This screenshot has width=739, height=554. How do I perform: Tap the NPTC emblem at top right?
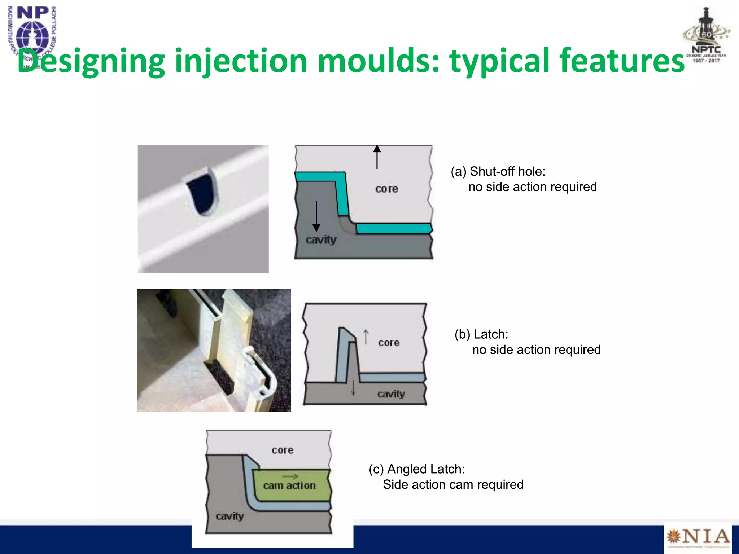point(706,36)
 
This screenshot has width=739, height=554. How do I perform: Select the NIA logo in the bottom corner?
point(698,537)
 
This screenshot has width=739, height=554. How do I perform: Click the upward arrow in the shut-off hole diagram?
point(377,157)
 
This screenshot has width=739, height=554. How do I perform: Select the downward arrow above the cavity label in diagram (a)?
point(316,216)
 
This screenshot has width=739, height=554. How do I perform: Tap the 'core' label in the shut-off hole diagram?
point(386,189)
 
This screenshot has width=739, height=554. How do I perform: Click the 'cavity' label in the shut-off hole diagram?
point(321,239)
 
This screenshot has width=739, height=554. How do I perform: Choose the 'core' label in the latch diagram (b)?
point(389,342)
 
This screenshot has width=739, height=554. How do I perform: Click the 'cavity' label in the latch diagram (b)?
point(391,394)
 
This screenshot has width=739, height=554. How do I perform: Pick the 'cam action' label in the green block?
point(289,485)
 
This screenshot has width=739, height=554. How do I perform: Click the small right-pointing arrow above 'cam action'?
point(290,476)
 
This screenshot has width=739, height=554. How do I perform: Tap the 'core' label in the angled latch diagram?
point(283,450)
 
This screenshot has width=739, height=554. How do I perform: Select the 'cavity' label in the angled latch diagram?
point(229,516)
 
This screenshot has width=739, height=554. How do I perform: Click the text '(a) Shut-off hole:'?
point(498,171)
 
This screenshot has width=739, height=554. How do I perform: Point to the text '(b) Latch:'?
point(481,334)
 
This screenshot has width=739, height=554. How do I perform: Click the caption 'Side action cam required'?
point(453,484)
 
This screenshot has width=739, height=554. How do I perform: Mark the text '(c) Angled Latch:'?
point(417,469)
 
